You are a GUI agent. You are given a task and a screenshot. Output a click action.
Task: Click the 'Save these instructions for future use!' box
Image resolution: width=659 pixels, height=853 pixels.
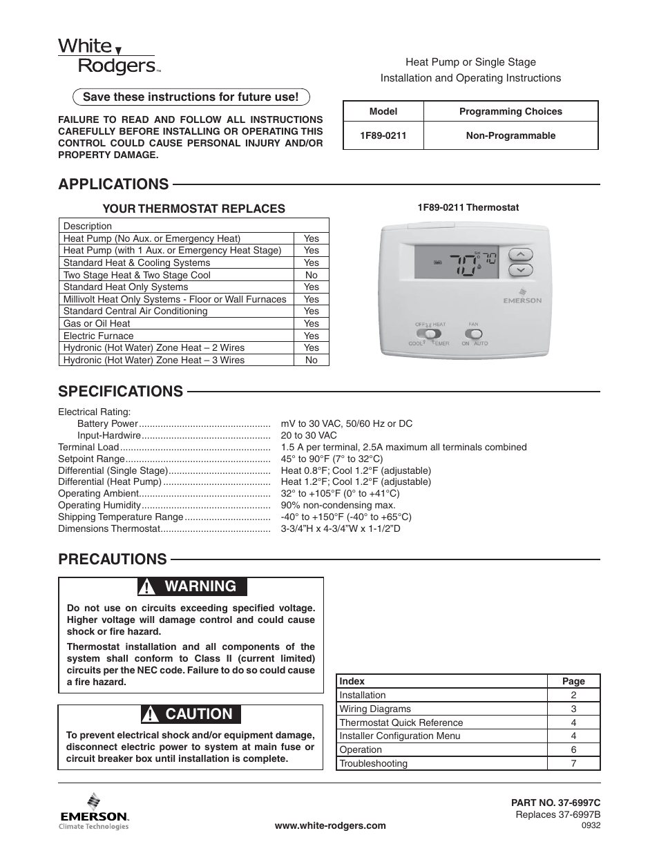pos(191,97)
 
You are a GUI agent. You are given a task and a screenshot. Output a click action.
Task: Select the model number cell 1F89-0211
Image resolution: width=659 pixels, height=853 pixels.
pos(383,136)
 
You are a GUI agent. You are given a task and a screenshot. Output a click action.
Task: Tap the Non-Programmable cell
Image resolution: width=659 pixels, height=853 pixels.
pos(510,136)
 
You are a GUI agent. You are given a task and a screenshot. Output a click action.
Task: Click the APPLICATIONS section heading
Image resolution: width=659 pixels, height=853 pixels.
pos(113,184)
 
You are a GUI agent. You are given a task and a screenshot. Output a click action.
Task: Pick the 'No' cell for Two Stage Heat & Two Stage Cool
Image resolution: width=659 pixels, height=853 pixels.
pos(311,275)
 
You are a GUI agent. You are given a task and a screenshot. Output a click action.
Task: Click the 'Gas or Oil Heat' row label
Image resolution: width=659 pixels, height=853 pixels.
pos(97,323)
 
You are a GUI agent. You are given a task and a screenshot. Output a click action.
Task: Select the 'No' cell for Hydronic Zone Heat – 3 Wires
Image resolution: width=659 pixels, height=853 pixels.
pos(311,360)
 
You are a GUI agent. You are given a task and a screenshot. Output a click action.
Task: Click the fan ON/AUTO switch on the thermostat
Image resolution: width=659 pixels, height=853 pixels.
pos(473,334)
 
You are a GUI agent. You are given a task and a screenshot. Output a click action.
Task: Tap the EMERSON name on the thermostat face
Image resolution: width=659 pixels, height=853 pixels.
pos(522,300)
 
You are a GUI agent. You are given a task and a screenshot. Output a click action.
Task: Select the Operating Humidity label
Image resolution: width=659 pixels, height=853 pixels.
pos(99,505)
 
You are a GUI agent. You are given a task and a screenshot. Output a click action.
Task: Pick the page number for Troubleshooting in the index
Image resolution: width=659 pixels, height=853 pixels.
pos(573,763)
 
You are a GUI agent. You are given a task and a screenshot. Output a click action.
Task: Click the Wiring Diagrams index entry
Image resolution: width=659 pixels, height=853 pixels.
pos(375,709)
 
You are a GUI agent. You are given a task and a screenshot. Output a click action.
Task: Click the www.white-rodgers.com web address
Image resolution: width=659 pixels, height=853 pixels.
pos(330,825)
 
